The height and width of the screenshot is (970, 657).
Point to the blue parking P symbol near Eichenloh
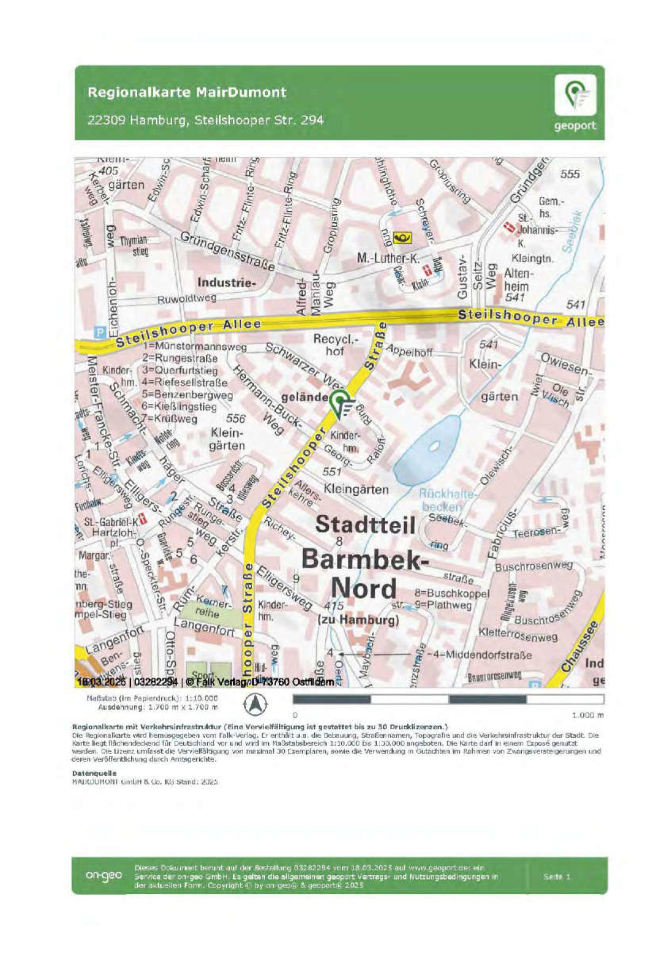click(x=100, y=331)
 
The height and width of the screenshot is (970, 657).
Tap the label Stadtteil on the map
click(x=365, y=525)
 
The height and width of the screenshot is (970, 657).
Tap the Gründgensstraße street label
click(x=228, y=252)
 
